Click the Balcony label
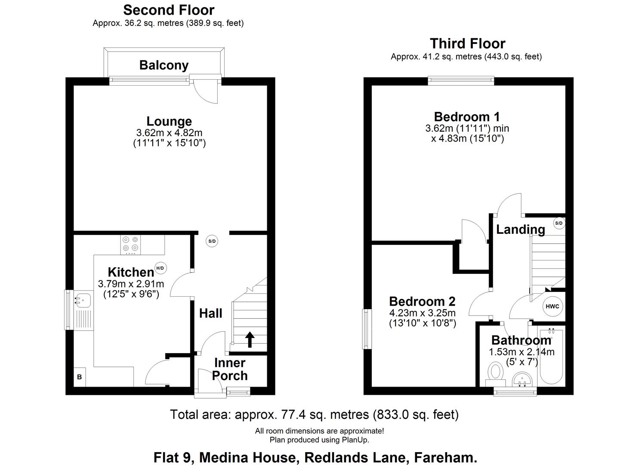(164, 65)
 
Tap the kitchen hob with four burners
(130, 244)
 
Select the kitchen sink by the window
(83, 300)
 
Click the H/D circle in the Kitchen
(160, 268)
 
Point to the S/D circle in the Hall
(212, 241)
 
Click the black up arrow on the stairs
(249, 339)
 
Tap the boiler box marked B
(80, 377)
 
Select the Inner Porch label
(230, 369)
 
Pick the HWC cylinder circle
(552, 307)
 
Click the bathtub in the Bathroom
(551, 356)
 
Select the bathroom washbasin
(523, 380)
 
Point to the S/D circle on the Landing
(559, 223)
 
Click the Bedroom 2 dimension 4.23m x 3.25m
(422, 313)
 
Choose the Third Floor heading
(467, 43)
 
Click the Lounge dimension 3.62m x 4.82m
(169, 133)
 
